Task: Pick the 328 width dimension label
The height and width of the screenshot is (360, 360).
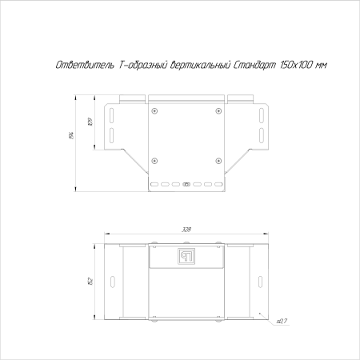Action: click(x=186, y=230)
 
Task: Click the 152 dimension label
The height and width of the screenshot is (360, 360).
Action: click(x=90, y=281)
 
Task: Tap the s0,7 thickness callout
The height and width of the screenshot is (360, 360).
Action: click(x=280, y=322)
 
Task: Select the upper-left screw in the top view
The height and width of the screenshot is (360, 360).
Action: click(x=156, y=110)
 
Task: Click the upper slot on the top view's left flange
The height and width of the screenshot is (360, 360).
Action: click(x=113, y=114)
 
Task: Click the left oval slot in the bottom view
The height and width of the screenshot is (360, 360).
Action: click(x=113, y=281)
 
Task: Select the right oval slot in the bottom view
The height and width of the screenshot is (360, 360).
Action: click(x=259, y=281)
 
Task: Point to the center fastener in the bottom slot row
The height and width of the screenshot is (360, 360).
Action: click(x=186, y=185)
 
